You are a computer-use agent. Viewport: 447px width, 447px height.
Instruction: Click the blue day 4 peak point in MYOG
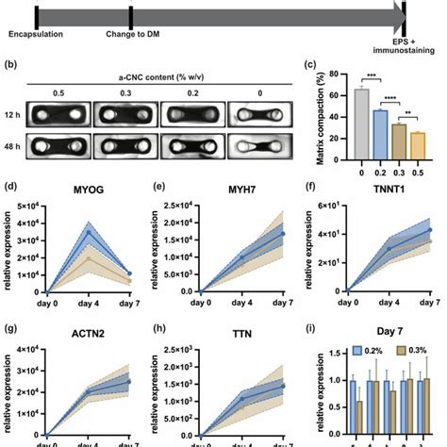point(90,232)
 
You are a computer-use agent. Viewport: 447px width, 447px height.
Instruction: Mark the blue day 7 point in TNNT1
point(431,230)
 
